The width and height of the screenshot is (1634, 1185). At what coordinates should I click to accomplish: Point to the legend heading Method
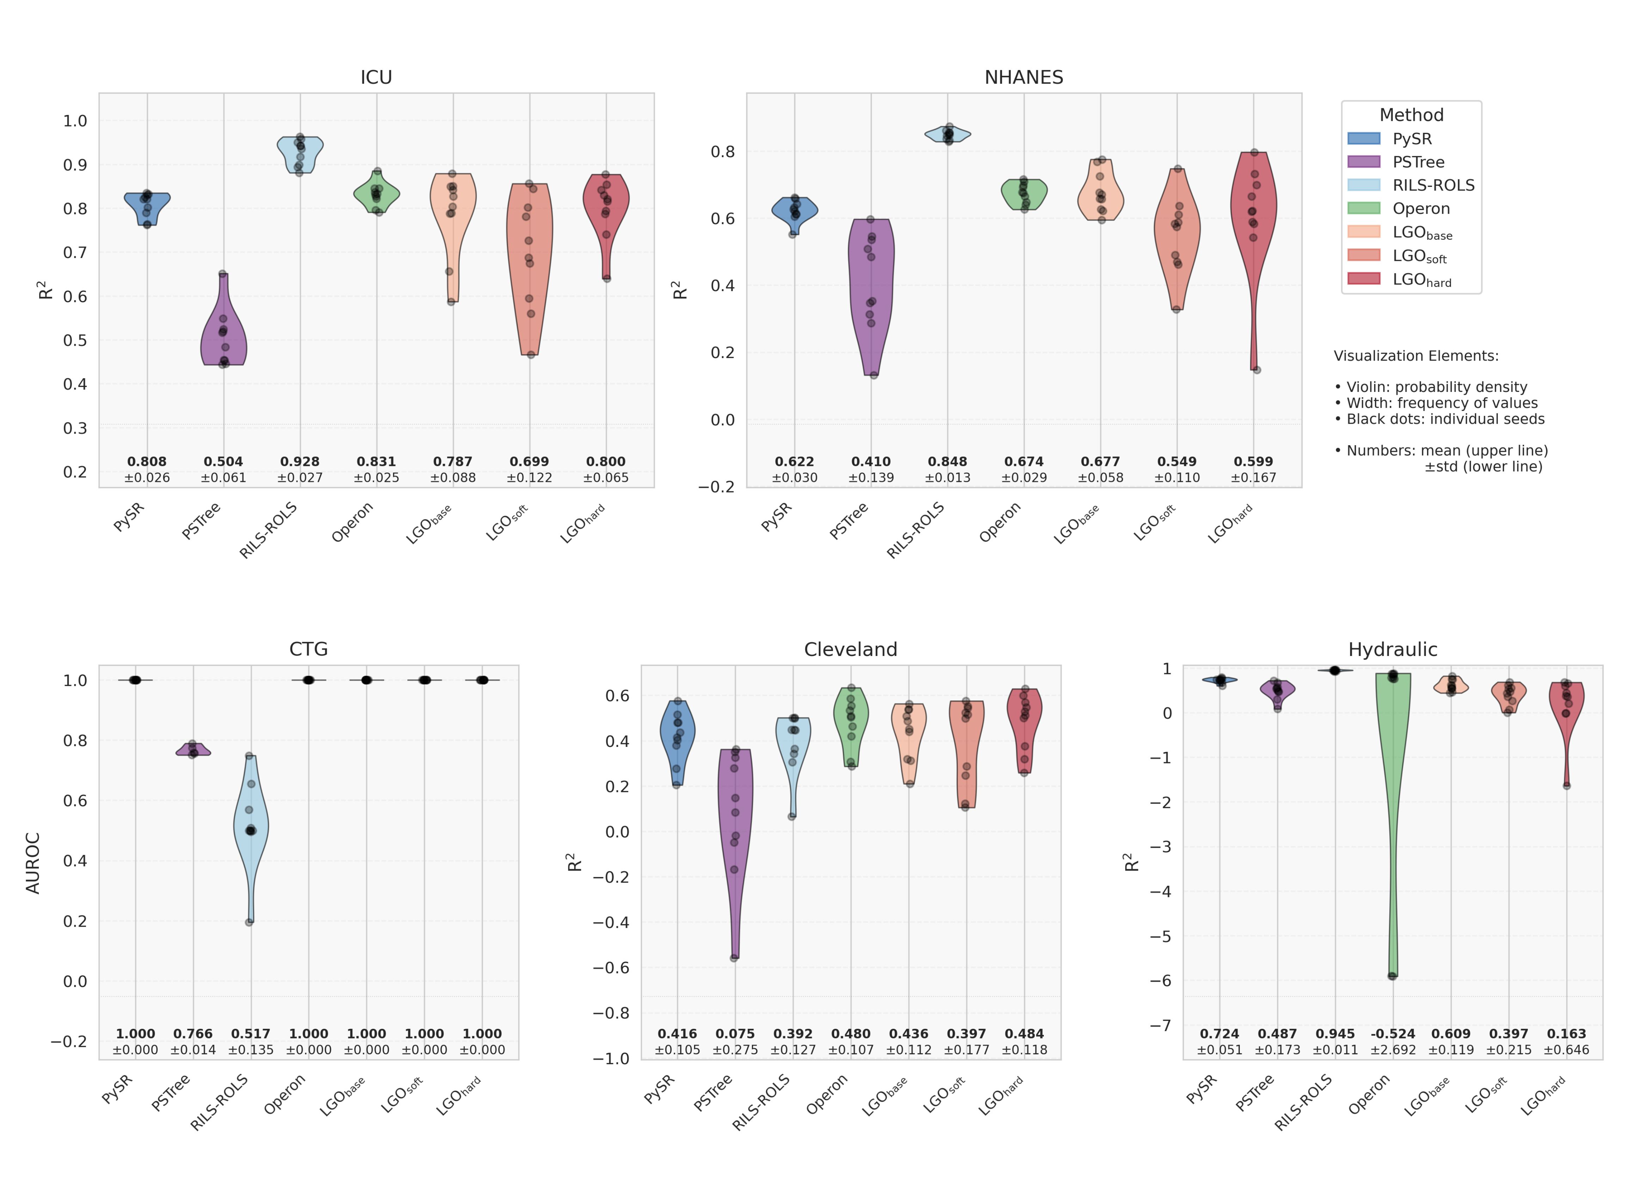[1410, 115]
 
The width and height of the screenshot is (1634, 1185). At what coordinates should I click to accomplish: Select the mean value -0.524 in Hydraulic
[1393, 1034]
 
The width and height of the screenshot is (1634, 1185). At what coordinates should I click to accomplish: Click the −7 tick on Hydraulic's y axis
[1161, 1025]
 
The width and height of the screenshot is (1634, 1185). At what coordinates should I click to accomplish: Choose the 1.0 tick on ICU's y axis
[75, 121]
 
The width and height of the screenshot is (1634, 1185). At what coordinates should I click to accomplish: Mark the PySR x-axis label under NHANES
[776, 517]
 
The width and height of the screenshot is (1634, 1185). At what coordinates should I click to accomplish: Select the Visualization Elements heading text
[1416, 356]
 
